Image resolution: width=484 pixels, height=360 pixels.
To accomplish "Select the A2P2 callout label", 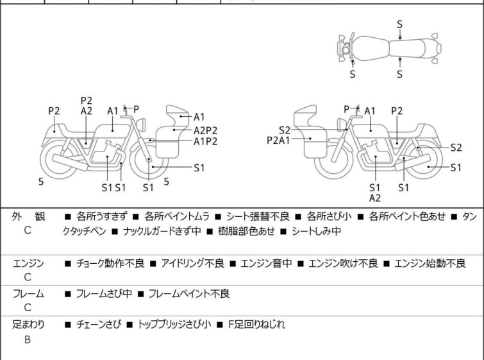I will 206,130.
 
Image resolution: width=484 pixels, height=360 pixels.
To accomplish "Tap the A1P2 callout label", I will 206,141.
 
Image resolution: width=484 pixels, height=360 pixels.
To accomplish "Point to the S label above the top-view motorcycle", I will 399,24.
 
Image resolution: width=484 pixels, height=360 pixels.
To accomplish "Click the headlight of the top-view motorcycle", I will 346,49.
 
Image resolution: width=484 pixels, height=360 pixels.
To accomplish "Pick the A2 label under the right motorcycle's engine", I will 375,198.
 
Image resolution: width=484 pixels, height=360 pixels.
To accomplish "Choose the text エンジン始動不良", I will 430,263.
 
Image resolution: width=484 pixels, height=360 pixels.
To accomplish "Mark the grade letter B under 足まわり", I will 28,339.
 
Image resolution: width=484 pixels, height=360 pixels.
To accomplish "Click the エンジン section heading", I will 29,263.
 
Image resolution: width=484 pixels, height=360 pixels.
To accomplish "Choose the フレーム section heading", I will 29,294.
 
